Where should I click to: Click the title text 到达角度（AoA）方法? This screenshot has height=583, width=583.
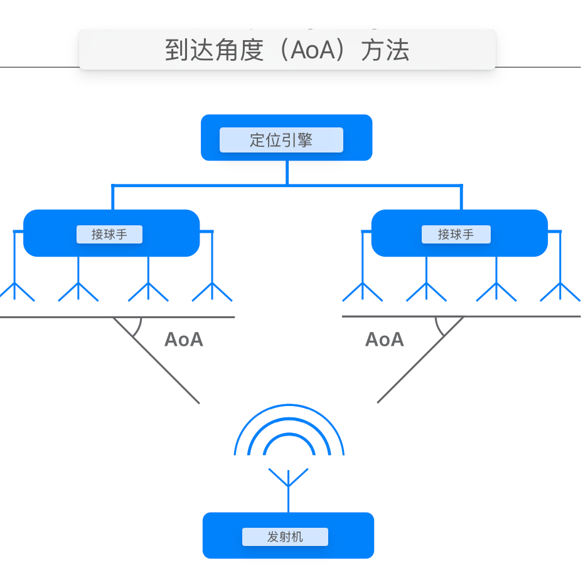(x=287, y=50)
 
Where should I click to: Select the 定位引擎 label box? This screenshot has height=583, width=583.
(x=281, y=140)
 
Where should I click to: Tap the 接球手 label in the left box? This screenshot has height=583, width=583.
(x=109, y=235)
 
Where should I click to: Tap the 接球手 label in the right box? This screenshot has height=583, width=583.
(x=456, y=235)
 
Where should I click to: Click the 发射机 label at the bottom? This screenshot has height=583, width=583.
(x=285, y=537)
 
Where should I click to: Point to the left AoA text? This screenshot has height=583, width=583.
(x=183, y=340)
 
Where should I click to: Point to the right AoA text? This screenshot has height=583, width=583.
(x=384, y=340)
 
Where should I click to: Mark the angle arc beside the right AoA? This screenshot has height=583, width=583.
(x=439, y=328)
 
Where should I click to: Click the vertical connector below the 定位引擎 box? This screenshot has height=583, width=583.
(x=287, y=173)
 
